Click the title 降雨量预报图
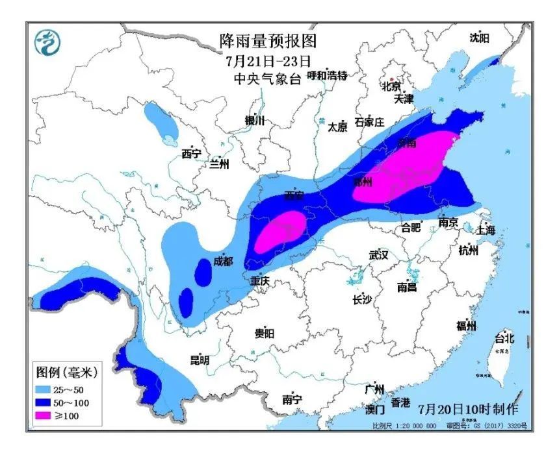pos(268,42)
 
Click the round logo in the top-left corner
pos(47,43)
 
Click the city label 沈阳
pos(479,38)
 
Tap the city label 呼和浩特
pos(328,75)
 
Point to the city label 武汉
pos(378,255)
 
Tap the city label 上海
pos(486,230)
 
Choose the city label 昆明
pos(199,360)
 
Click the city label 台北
pos(504,338)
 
